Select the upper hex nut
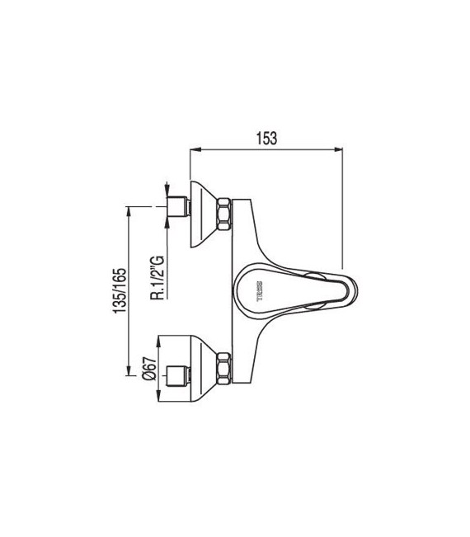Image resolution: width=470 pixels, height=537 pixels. tap(223, 214)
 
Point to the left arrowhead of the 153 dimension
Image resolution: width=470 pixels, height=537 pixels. tap(195, 150)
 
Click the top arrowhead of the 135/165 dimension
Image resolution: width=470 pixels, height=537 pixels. tap(129, 210)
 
